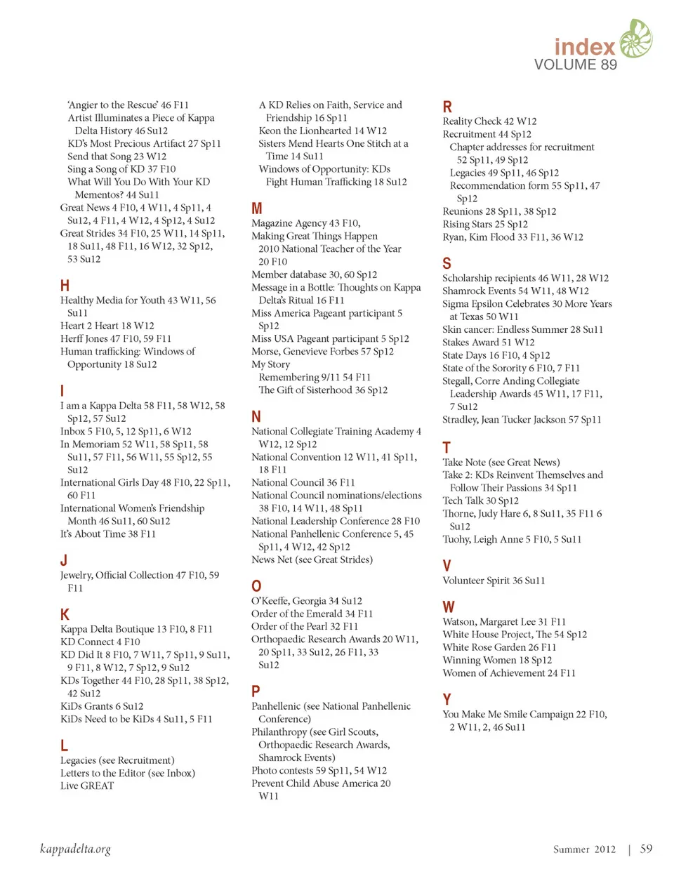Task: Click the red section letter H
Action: [65, 286]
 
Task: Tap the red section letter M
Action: [257, 208]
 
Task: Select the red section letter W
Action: [449, 607]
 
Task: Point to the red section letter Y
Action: [447, 699]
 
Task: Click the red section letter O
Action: [256, 586]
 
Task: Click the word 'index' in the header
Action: [584, 47]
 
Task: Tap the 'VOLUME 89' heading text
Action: [576, 65]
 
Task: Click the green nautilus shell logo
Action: [636, 39]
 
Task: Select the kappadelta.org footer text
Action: [75, 849]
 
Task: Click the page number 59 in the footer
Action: [646, 849]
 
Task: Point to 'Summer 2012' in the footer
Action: [584, 849]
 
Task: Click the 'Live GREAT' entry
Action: [87, 786]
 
